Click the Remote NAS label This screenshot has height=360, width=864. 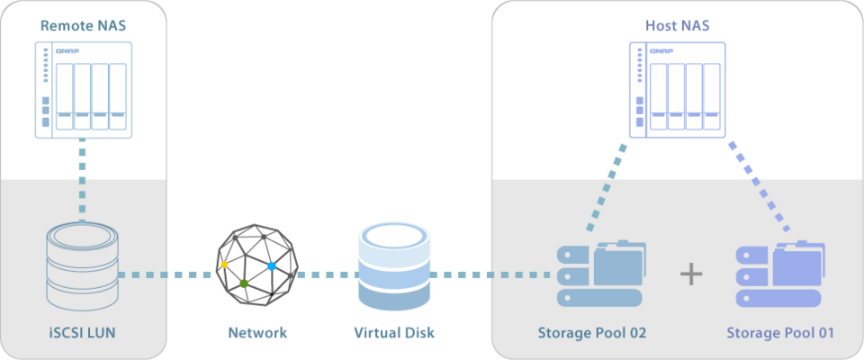click(83, 26)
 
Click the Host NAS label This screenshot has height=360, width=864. click(678, 26)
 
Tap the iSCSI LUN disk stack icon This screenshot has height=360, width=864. click(83, 267)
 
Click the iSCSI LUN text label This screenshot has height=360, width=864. click(83, 333)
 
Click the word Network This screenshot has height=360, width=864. click(257, 333)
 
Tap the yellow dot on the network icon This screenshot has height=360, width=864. click(224, 265)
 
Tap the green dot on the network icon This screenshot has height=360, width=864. click(244, 283)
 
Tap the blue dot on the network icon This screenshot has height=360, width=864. click(272, 267)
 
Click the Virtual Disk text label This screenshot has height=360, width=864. click(394, 333)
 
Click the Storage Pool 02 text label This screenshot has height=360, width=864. click(592, 333)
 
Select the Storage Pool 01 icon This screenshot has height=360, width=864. click(779, 275)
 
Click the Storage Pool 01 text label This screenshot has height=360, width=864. click(780, 333)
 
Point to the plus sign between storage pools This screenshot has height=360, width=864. click(690, 274)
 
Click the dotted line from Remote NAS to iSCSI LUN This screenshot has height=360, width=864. click(83, 180)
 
